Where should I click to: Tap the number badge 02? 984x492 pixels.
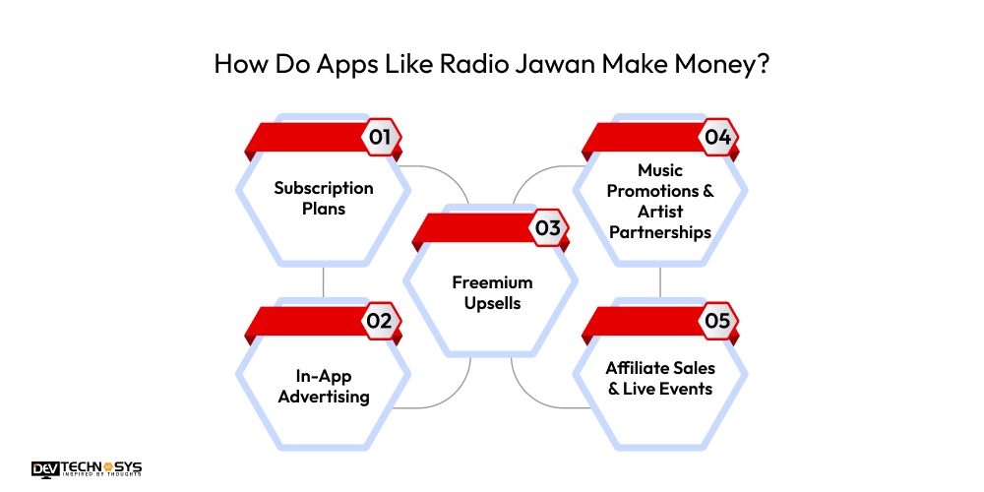click(380, 321)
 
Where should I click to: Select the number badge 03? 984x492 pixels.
click(548, 228)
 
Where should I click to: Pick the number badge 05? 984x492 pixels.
click(717, 321)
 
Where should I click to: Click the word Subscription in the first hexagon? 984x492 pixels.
click(324, 188)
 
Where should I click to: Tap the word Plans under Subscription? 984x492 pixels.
click(324, 209)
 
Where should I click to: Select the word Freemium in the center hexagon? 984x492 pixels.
click(492, 282)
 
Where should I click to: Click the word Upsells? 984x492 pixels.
click(492, 303)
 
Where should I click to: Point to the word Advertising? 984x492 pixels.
click(324, 397)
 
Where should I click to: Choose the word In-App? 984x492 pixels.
click(324, 376)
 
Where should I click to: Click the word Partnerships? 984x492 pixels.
click(660, 232)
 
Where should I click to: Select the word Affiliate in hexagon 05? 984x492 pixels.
click(641, 368)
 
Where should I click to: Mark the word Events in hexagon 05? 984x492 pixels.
click(688, 389)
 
